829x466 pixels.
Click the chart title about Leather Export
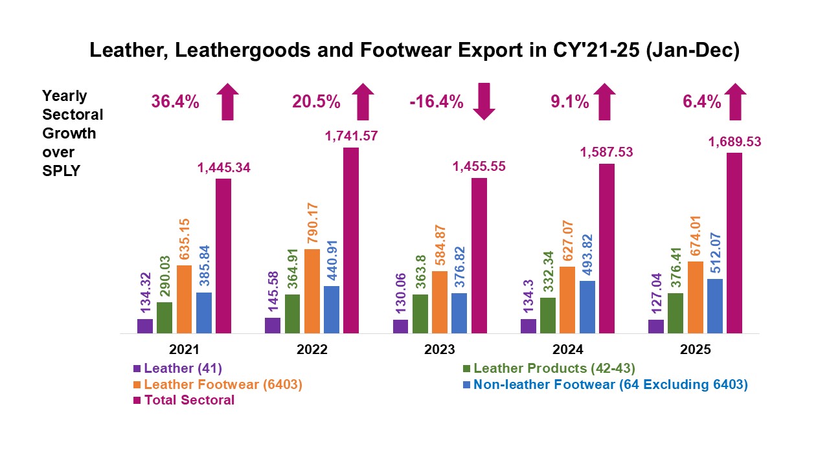pos(414,50)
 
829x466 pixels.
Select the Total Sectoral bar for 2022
pos(350,241)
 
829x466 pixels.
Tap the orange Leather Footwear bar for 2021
pos(184,300)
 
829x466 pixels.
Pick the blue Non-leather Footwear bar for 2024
pos(587,307)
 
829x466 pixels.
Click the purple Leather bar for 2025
pos(656,327)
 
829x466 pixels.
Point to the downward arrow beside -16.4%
pos(484,102)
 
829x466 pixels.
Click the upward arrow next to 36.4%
pos(227,102)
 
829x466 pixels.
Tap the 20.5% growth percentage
pos(315,102)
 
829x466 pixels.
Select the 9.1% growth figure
pos(571,102)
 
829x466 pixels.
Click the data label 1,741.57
pos(350,136)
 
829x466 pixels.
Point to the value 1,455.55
pos(479,166)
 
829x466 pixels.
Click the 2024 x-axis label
pos(567,349)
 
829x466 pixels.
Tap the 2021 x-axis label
pos(184,349)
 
